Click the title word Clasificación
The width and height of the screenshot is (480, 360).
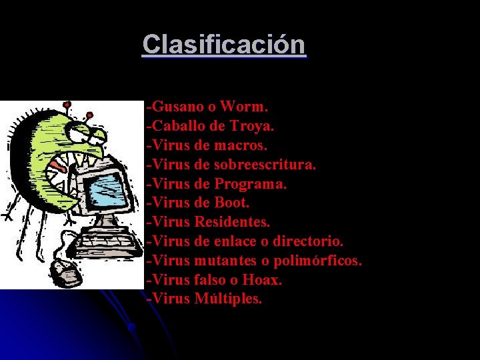(224, 45)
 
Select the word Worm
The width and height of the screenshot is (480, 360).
(244, 106)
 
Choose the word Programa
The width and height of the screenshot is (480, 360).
(250, 183)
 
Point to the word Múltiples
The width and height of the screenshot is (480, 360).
(229, 299)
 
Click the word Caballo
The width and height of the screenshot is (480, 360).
(173, 125)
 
